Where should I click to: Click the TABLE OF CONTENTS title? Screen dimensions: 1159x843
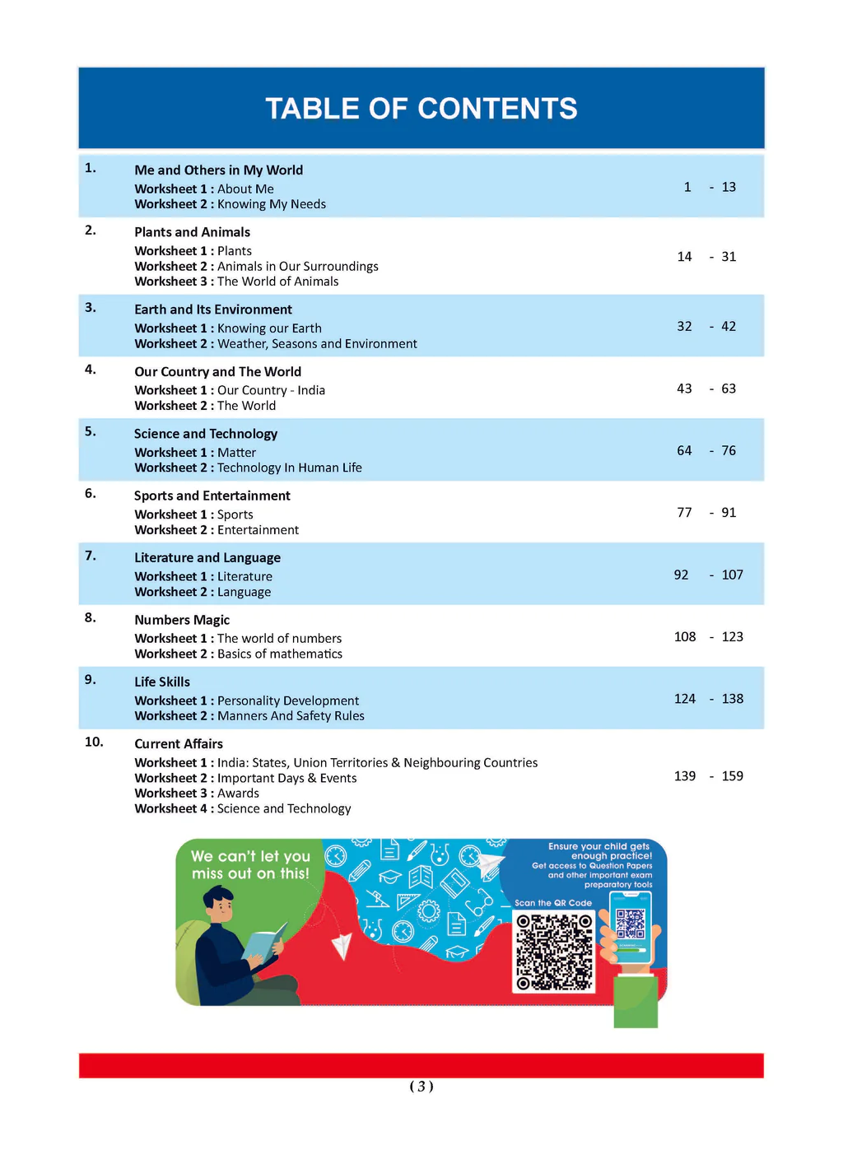point(421,109)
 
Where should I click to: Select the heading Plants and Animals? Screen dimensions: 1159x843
point(192,232)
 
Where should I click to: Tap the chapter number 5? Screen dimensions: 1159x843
point(90,431)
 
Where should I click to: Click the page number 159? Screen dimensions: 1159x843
point(732,776)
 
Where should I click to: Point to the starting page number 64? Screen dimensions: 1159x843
point(684,450)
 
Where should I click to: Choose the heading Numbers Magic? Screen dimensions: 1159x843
point(182,620)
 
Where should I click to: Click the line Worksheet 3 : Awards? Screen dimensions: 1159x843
point(197,794)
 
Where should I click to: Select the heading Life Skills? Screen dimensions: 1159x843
point(162,682)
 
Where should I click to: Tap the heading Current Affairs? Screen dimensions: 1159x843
point(179,744)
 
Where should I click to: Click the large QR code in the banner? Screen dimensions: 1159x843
point(554,952)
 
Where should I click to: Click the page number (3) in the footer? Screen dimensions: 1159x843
point(421,1087)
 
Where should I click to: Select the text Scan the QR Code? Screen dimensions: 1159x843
point(553,903)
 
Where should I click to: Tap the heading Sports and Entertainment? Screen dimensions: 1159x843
point(212,496)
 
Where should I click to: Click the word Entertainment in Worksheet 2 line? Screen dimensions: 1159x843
point(258,530)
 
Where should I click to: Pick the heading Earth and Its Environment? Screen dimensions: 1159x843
point(213,310)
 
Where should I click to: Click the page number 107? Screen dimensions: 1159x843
point(732,575)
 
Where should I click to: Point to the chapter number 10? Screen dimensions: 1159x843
point(94,742)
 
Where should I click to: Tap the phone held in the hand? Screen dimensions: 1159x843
point(631,927)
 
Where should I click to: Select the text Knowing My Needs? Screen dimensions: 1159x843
point(272,204)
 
